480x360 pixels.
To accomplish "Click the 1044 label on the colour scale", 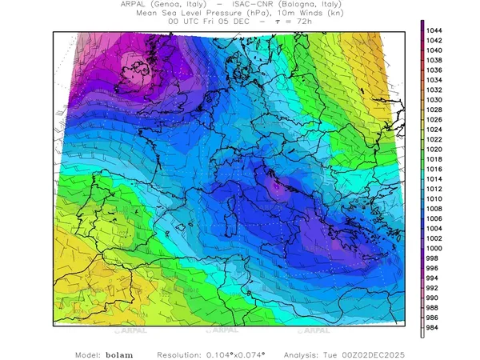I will pos(438,30).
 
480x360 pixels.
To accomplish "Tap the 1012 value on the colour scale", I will pos(438,189).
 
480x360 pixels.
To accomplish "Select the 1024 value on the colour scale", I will pos(438,130).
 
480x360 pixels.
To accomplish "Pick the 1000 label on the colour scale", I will pos(438,248).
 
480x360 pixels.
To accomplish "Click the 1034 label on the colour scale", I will pos(438,80).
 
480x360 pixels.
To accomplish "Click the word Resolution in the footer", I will pos(185,354).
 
